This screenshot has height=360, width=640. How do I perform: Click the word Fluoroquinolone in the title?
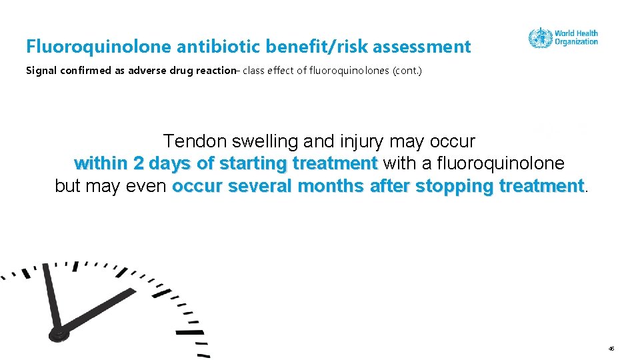coord(99,47)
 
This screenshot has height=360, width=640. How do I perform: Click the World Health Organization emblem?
coord(540,37)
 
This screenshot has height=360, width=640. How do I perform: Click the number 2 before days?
coord(138,163)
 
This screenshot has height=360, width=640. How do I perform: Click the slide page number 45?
coord(611,349)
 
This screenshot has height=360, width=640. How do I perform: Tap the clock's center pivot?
coord(59,331)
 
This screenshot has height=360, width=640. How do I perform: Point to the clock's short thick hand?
coord(100,311)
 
